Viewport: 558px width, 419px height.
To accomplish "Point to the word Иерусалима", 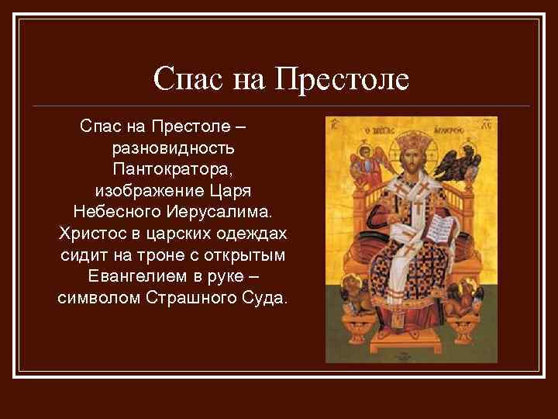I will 215,211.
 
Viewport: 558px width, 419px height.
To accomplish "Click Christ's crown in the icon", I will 409,142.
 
